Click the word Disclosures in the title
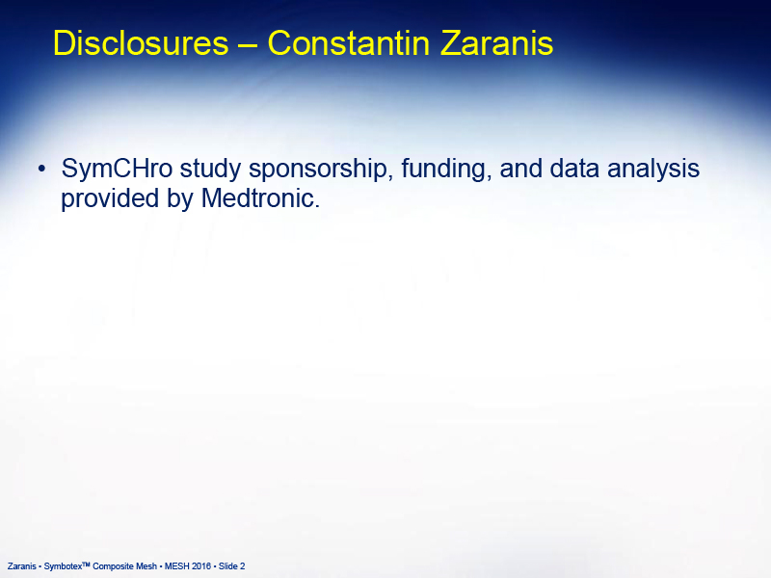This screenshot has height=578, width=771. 141,43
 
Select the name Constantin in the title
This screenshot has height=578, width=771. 349,43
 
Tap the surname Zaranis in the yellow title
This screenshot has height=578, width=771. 496,43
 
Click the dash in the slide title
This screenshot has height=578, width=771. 248,45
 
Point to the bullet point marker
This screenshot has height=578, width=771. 41,170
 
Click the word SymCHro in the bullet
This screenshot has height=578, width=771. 117,169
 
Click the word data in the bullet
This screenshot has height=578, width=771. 574,169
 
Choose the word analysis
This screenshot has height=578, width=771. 653,170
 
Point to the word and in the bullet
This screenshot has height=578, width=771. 520,169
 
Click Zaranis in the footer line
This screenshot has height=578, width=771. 21,566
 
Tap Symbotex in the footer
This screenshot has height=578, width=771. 63,566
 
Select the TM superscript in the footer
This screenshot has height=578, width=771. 86,565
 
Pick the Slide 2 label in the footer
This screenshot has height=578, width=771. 231,566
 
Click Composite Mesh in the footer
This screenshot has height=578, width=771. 125,566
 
